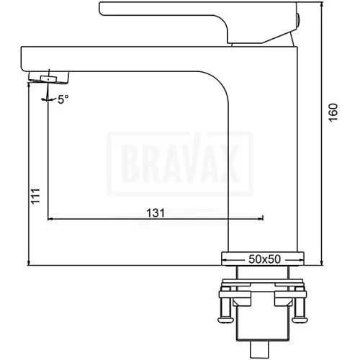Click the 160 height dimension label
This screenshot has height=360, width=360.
333,112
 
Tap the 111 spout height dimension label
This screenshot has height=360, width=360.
36,197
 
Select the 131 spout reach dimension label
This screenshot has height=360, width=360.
156,213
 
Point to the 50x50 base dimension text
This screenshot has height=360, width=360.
264,259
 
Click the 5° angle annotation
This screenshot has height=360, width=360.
63,99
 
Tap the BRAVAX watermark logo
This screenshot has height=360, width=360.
180,163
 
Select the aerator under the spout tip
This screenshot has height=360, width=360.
49,78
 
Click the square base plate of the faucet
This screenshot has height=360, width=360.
263,258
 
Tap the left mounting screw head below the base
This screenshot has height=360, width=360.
225,320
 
